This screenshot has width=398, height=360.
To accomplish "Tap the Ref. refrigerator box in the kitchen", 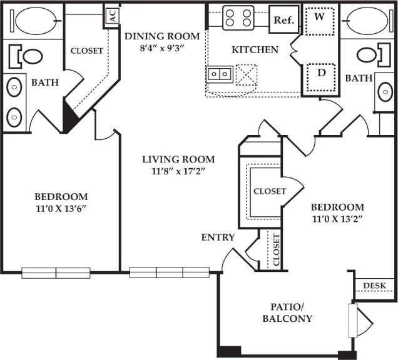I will tap(282, 19).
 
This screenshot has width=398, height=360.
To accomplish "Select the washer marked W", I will tap(319, 17).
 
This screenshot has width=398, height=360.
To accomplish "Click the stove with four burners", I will tap(238, 17).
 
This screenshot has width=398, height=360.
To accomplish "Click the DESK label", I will tap(374, 286).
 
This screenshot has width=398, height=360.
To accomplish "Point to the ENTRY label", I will tap(218, 237).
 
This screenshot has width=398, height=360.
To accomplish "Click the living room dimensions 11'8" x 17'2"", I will tap(178, 171).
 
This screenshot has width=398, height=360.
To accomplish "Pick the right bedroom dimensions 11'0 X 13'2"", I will tap(337, 219).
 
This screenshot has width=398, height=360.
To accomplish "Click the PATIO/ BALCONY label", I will tap(291, 312).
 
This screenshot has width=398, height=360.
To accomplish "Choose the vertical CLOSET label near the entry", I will tap(276, 250).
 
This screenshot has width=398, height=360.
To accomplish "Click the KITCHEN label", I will tap(255, 49).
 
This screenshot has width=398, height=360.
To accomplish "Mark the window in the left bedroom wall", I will tap(56, 272).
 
